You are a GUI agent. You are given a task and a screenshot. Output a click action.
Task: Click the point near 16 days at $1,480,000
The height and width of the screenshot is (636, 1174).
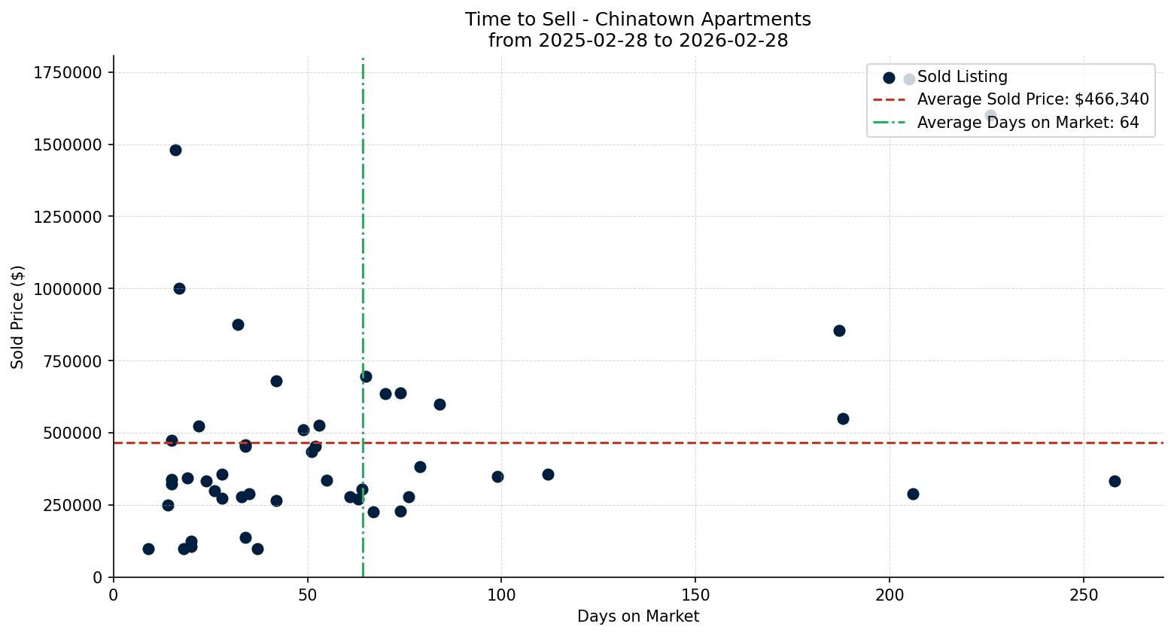click(175, 150)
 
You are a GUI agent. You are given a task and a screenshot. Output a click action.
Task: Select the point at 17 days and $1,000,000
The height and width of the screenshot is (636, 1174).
click(179, 288)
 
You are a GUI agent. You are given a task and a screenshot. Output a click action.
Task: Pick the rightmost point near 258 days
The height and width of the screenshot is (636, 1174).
click(1115, 481)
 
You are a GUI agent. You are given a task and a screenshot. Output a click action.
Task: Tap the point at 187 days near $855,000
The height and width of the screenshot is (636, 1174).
click(839, 330)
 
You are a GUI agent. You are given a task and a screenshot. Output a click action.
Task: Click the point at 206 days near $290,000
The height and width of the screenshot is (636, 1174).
click(913, 494)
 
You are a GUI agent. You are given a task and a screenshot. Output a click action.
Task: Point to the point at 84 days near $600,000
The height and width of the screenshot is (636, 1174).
click(439, 404)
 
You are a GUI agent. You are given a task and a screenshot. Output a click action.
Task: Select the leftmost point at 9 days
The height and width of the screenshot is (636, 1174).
click(148, 549)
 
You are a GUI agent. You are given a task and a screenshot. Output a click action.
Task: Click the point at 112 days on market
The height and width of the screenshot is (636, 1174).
click(548, 474)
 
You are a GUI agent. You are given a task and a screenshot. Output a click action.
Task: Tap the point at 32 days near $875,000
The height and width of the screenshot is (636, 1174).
click(238, 324)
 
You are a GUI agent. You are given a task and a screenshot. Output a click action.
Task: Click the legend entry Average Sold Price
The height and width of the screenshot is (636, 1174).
click(1033, 99)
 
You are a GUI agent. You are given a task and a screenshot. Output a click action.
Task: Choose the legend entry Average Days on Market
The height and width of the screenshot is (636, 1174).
click(1027, 123)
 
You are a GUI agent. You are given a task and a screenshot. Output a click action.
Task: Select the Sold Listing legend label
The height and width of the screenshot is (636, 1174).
click(962, 77)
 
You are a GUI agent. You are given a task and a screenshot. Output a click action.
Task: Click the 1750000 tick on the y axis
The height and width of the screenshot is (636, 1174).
click(68, 72)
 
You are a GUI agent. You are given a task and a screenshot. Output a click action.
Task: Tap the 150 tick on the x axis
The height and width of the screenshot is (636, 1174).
click(695, 595)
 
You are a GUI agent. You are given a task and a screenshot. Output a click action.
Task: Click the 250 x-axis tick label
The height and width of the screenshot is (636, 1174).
click(1083, 595)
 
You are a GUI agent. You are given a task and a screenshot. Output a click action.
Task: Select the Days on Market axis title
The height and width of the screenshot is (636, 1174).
click(637, 616)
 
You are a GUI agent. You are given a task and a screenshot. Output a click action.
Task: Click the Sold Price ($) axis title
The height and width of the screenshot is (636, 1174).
click(18, 317)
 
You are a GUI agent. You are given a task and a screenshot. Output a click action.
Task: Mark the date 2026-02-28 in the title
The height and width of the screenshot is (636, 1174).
click(734, 41)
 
